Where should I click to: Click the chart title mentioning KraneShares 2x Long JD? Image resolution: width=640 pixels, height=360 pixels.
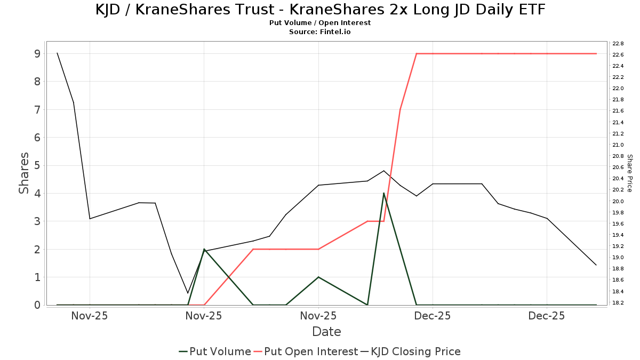click(320, 10)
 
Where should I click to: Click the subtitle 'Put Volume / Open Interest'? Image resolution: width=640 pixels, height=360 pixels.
click(320, 23)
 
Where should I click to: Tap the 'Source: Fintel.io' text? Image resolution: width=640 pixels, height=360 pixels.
click(320, 31)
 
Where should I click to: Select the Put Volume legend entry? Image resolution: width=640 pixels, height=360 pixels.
click(215, 351)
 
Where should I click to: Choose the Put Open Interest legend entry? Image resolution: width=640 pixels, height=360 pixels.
click(306, 351)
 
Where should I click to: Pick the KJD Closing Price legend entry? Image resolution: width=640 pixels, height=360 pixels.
click(411, 351)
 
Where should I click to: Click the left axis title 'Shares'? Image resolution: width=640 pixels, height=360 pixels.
click(24, 173)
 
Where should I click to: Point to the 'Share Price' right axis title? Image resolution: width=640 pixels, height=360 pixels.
click(629, 173)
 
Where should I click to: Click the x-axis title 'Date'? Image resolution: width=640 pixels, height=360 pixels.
click(326, 332)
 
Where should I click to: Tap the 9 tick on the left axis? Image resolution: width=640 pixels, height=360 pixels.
click(37, 53)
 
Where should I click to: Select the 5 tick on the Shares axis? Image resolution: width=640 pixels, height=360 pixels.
click(37, 165)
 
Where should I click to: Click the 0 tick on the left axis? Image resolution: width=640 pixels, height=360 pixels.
click(37, 305)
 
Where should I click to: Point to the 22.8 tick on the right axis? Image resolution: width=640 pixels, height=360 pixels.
click(618, 43)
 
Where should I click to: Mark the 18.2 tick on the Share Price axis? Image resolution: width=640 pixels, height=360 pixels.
click(618, 303)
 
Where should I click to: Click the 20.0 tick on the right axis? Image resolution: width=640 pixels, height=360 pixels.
click(618, 201)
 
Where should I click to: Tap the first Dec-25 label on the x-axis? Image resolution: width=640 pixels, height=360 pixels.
click(433, 316)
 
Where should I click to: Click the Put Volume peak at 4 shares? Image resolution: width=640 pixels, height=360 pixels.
click(384, 193)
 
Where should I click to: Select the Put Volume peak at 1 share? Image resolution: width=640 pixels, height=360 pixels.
click(318, 277)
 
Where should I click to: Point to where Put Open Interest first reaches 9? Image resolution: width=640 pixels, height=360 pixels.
click(417, 53)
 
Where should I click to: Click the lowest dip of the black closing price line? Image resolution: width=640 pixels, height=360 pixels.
click(188, 293)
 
